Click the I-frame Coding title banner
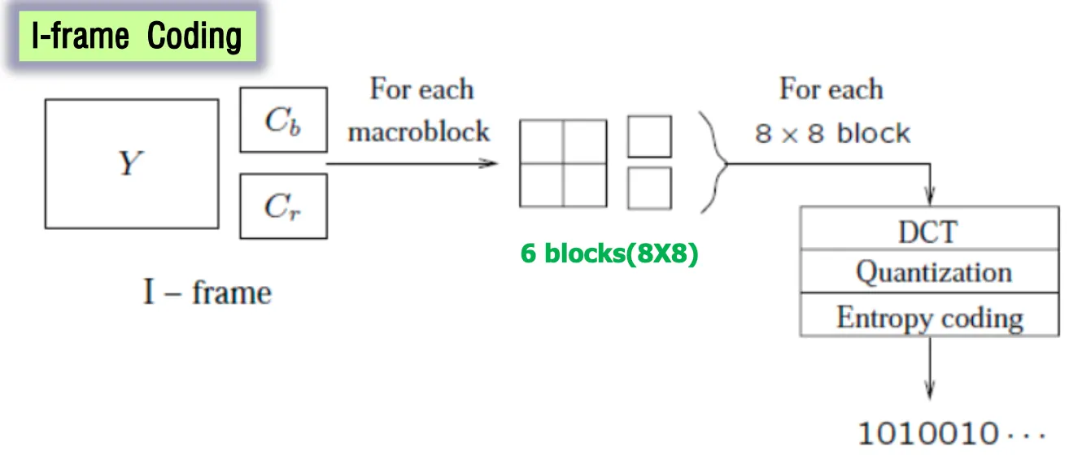click(137, 37)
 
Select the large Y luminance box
click(131, 163)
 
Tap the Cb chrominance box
click(283, 119)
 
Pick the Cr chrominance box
click(283, 206)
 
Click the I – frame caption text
click(207, 292)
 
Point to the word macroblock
click(419, 131)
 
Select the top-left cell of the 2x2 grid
click(541, 141)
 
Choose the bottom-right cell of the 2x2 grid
click(585, 184)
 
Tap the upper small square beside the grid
click(649, 136)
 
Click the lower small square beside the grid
click(649, 188)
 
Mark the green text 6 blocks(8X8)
click(609, 254)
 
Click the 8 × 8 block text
click(831, 133)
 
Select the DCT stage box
click(929, 232)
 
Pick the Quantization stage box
click(929, 272)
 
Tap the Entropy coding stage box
click(929, 316)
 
